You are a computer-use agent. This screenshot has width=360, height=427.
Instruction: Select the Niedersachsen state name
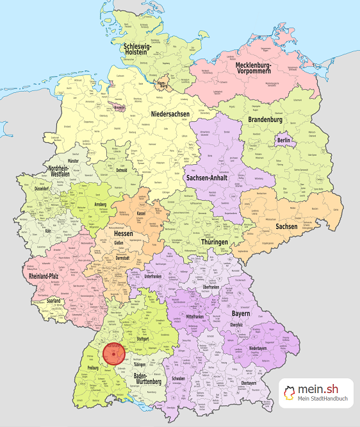point(171,114)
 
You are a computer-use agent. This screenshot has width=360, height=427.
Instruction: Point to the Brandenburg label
point(265,120)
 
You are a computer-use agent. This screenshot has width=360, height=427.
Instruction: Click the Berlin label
point(284,140)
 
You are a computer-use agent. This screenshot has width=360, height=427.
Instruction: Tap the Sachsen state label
point(286,226)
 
